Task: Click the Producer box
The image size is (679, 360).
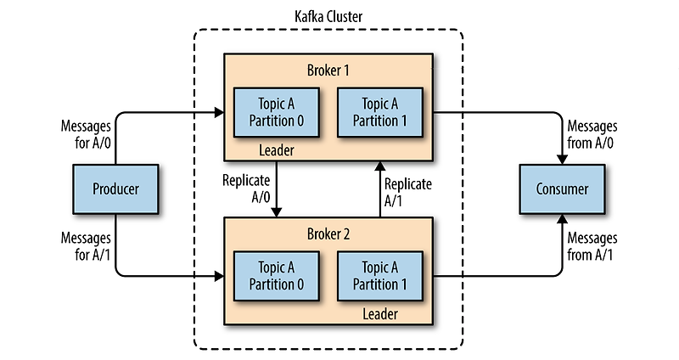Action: (x=115, y=188)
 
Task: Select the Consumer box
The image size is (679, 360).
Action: (x=561, y=188)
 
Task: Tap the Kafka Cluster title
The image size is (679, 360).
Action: (x=329, y=16)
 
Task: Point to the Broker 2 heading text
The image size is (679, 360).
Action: (x=329, y=233)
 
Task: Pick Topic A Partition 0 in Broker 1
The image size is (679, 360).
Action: (x=278, y=111)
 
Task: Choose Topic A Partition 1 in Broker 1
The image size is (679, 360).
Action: (x=379, y=111)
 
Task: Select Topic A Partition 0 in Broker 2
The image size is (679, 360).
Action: (x=278, y=276)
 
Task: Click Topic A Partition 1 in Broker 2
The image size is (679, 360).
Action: (x=379, y=276)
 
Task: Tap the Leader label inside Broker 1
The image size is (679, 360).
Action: (x=277, y=150)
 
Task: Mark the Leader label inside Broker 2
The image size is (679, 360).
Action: (x=379, y=315)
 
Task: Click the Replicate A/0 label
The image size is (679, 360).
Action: (x=247, y=188)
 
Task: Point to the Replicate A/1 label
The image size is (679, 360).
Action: (x=408, y=192)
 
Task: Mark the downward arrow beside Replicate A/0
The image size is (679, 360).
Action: (x=278, y=188)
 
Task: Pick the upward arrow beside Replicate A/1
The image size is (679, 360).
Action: (x=379, y=188)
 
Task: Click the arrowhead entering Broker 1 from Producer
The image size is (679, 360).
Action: (x=219, y=111)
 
